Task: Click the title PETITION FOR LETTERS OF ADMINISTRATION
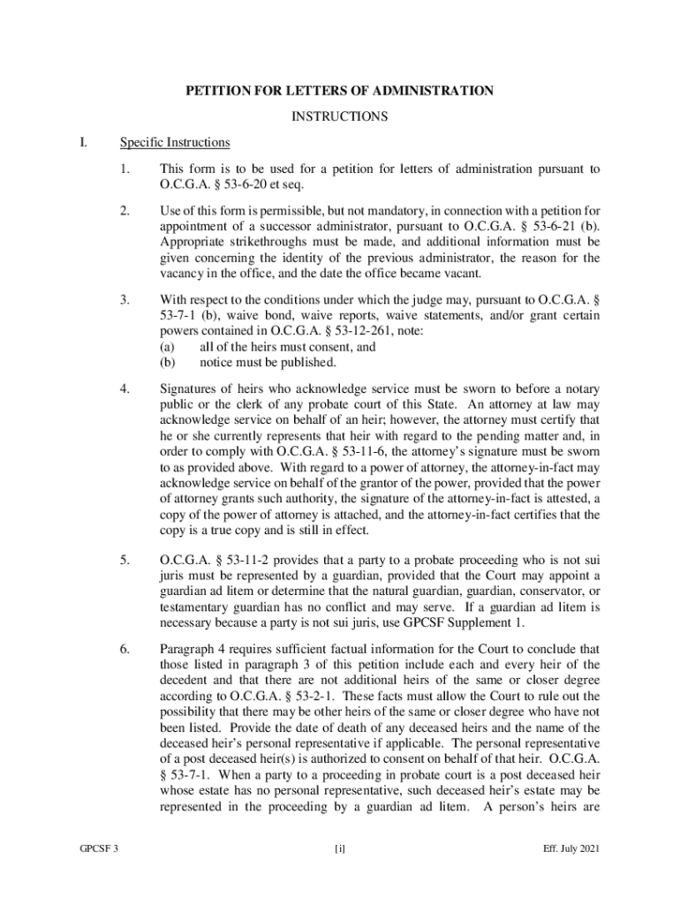[338, 91]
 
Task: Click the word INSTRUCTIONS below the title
[339, 117]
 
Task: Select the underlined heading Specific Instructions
[175, 142]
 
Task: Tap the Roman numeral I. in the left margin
[84, 142]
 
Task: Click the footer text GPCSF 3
[98, 849]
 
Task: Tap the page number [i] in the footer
[339, 849]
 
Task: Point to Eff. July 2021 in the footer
[571, 849]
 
